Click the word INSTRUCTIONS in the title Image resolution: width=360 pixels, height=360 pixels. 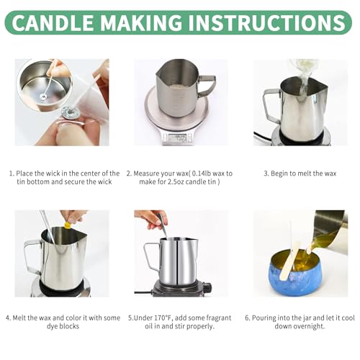(266, 23)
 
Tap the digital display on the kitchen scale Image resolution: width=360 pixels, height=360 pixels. (179, 137)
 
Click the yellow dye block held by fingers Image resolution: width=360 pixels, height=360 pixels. (68, 224)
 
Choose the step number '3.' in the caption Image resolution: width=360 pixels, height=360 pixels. (266, 174)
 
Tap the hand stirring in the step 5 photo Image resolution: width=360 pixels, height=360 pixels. (150, 218)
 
